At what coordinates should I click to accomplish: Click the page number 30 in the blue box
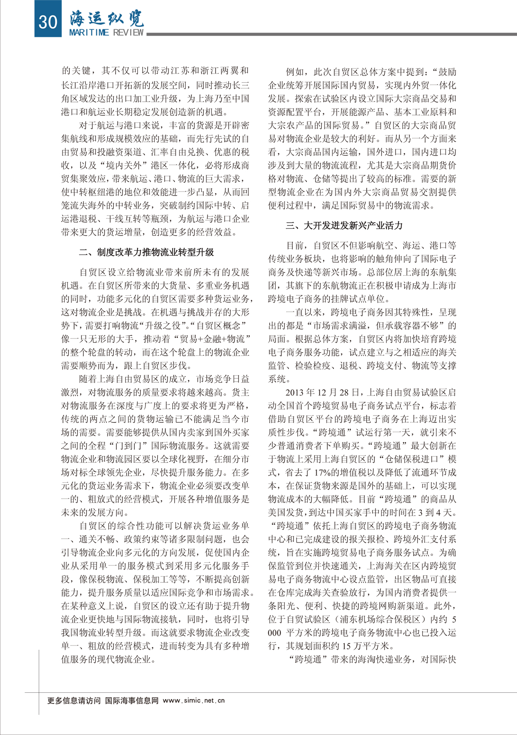[x=47, y=21]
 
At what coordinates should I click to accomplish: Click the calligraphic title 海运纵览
[x=106, y=18]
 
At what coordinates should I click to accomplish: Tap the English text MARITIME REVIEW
[x=106, y=33]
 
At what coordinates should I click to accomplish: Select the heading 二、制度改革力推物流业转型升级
[x=146, y=252]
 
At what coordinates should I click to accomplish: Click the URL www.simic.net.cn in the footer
[x=194, y=701]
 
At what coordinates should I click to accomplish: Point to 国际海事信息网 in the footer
[x=132, y=701]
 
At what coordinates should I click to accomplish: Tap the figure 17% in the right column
[x=323, y=473]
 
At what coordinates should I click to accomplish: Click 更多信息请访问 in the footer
[x=74, y=701]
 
